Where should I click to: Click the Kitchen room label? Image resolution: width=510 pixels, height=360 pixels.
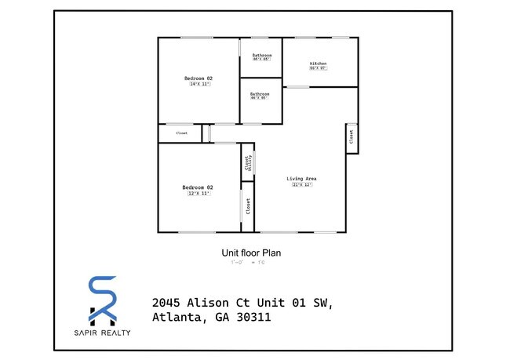(x=318, y=63)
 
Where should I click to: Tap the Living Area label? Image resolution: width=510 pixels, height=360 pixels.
(x=301, y=179)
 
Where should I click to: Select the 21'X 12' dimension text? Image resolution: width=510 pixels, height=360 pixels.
(x=302, y=185)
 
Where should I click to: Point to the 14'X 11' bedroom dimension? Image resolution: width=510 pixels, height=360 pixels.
(x=199, y=85)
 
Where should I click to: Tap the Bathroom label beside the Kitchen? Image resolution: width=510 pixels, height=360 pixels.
(x=261, y=55)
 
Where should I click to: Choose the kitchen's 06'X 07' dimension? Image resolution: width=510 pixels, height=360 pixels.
(x=318, y=68)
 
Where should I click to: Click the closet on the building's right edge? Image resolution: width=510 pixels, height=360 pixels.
(x=351, y=138)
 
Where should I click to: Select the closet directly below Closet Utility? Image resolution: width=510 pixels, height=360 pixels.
(x=248, y=206)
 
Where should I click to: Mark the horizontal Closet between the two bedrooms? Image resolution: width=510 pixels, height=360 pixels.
(x=181, y=133)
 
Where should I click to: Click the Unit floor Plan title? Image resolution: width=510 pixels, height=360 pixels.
(x=252, y=253)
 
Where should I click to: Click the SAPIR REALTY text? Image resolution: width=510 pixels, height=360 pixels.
(x=103, y=333)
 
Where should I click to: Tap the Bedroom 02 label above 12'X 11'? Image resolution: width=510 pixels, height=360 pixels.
(x=199, y=187)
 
